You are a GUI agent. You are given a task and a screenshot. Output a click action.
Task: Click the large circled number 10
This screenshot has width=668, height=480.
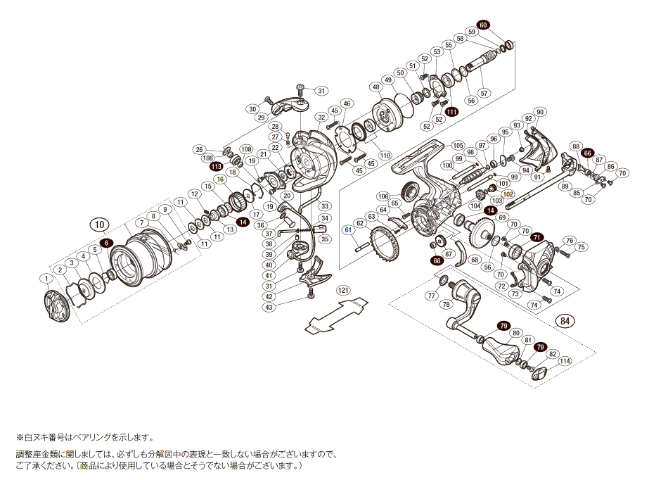coord(100,225)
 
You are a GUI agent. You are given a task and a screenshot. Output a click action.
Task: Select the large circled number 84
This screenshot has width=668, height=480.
coord(563,322)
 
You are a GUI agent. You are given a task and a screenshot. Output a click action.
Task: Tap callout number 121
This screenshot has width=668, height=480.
coord(342,290)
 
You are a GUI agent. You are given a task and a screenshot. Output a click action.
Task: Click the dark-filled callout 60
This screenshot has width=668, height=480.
coord(482,25)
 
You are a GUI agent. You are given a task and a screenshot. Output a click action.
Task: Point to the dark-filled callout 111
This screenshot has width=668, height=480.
coord(451,112)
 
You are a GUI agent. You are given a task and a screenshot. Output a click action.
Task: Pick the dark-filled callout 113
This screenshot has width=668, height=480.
coord(216,167)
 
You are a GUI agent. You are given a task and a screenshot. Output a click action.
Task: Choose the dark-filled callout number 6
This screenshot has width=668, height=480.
coord(105,243)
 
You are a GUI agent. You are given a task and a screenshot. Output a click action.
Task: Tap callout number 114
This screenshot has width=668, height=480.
coord(565,362)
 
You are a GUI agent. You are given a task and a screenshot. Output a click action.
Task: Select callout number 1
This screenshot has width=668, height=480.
coord(46,279)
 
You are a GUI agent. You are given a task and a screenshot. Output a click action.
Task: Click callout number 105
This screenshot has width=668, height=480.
coord(458,145)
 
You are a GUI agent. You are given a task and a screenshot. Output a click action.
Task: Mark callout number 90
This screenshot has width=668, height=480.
coord(540,112)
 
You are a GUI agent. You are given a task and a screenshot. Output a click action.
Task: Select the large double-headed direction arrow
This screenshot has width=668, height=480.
coord(338,315)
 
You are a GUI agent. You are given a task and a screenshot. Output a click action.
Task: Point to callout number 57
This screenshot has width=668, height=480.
coord(484,92)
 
